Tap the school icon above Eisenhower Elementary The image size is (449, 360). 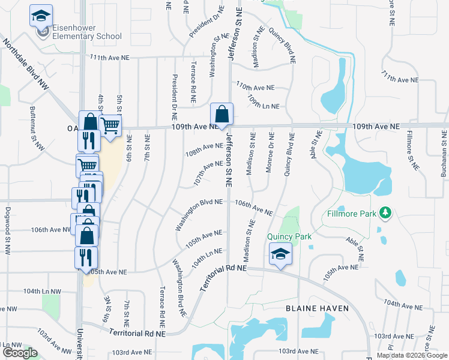click(41, 16)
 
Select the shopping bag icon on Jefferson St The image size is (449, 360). click(221, 114)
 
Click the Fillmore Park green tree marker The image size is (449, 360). click(386, 213)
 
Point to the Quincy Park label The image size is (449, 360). click(289, 236)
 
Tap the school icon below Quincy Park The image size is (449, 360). click(280, 254)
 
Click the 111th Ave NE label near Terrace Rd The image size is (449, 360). click(110, 58)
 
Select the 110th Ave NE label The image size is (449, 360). click(255, 86)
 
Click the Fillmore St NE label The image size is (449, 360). click(410, 149)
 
